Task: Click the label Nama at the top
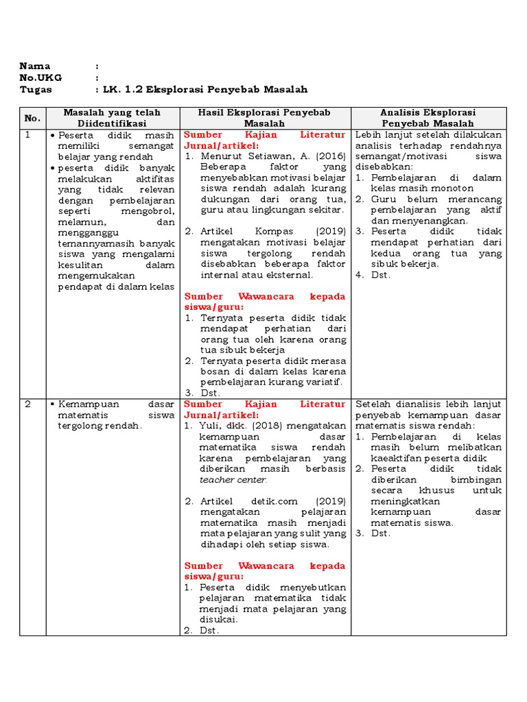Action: click(35, 66)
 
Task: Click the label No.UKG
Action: click(40, 78)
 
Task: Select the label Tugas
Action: click(36, 90)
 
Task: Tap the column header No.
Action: click(32, 118)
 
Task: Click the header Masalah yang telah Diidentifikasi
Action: click(111, 118)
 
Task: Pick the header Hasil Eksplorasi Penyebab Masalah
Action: click(264, 118)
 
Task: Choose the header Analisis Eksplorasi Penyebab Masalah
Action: click(428, 118)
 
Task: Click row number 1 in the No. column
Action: click(28, 135)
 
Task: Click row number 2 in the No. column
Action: click(28, 404)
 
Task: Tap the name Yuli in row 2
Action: click(209, 426)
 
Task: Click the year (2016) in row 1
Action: click(331, 156)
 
